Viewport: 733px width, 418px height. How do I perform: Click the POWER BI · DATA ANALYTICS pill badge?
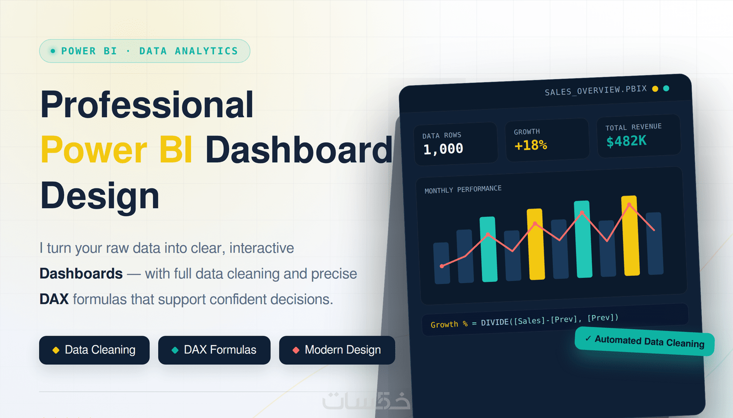[144, 51]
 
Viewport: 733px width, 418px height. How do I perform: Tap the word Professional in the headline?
[147, 105]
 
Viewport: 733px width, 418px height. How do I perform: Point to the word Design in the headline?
[100, 196]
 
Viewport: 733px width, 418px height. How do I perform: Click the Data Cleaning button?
[94, 350]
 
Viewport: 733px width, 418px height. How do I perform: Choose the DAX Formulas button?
[214, 350]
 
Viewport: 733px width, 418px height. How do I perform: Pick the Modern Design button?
[337, 350]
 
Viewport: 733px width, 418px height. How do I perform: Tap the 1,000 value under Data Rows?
[443, 149]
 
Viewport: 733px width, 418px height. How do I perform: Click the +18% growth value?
[530, 145]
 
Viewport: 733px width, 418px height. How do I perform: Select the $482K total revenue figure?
[626, 141]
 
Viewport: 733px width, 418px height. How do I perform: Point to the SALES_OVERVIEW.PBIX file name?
[596, 90]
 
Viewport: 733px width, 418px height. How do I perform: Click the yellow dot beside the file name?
[655, 89]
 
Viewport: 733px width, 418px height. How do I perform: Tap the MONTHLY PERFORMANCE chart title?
[463, 189]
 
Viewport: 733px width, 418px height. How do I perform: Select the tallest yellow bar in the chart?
[630, 236]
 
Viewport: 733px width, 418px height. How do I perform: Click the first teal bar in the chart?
[489, 249]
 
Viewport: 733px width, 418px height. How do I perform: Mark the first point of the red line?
[442, 266]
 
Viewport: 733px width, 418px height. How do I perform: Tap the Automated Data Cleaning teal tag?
[644, 341]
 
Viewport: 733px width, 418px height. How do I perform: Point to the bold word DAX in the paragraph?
[54, 299]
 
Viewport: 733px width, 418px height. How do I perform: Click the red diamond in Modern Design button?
[296, 350]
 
